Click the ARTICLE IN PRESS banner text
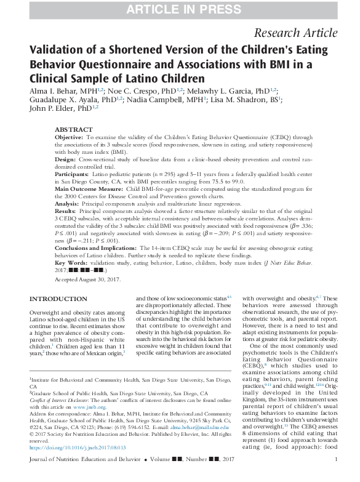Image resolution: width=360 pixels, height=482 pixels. click(180, 9)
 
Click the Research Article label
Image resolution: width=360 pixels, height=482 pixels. click(304, 33)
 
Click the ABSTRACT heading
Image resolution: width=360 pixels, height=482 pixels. click(73, 130)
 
